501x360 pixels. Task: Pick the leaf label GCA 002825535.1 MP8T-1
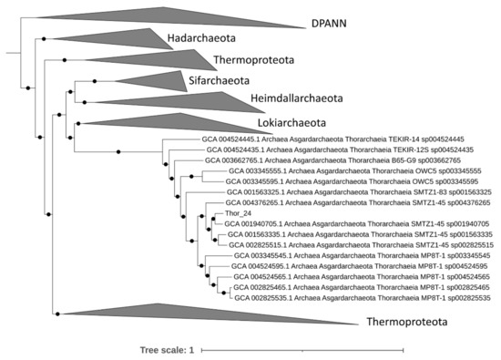[363, 298]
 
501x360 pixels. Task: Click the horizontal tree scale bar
[302, 349]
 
